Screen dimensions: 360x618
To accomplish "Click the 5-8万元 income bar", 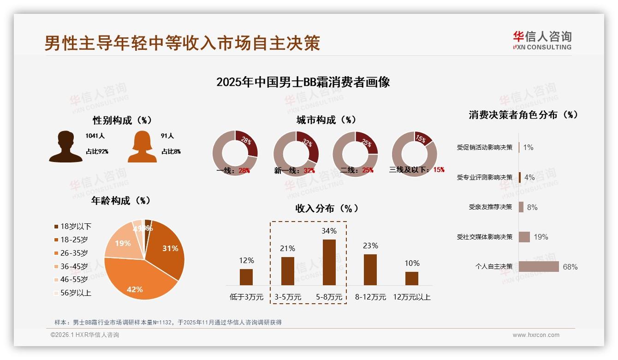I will pyautogui.click(x=329, y=262).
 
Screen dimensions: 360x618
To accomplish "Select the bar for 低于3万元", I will pyautogui.click(x=246, y=277).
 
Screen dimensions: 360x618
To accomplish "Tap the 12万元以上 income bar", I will pyautogui.click(x=412, y=278).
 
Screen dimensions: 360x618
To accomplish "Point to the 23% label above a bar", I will pyautogui.click(x=370, y=246).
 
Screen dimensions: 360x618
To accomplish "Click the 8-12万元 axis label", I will pyautogui.click(x=370, y=297).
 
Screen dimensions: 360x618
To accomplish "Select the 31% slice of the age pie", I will pyautogui.click(x=166, y=249).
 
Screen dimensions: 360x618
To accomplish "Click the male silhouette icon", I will pyautogui.click(x=65, y=146).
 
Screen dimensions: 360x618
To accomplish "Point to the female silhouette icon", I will pyautogui.click(x=142, y=147).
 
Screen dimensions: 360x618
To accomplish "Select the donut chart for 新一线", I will pyautogui.click(x=296, y=154).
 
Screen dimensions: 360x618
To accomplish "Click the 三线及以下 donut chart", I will pyautogui.click(x=414, y=154).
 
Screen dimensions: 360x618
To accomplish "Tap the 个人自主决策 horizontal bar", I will pyautogui.click(x=539, y=267).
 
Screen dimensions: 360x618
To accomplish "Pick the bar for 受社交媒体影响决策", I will pyautogui.click(x=524, y=237).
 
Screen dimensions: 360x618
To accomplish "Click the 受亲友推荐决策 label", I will pyautogui.click(x=490, y=207).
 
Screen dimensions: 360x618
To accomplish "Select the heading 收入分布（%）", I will pyautogui.click(x=327, y=208).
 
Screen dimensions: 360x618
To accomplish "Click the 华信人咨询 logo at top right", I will pyautogui.click(x=542, y=40).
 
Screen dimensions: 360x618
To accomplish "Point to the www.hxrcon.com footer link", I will pyautogui.click(x=536, y=335).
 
